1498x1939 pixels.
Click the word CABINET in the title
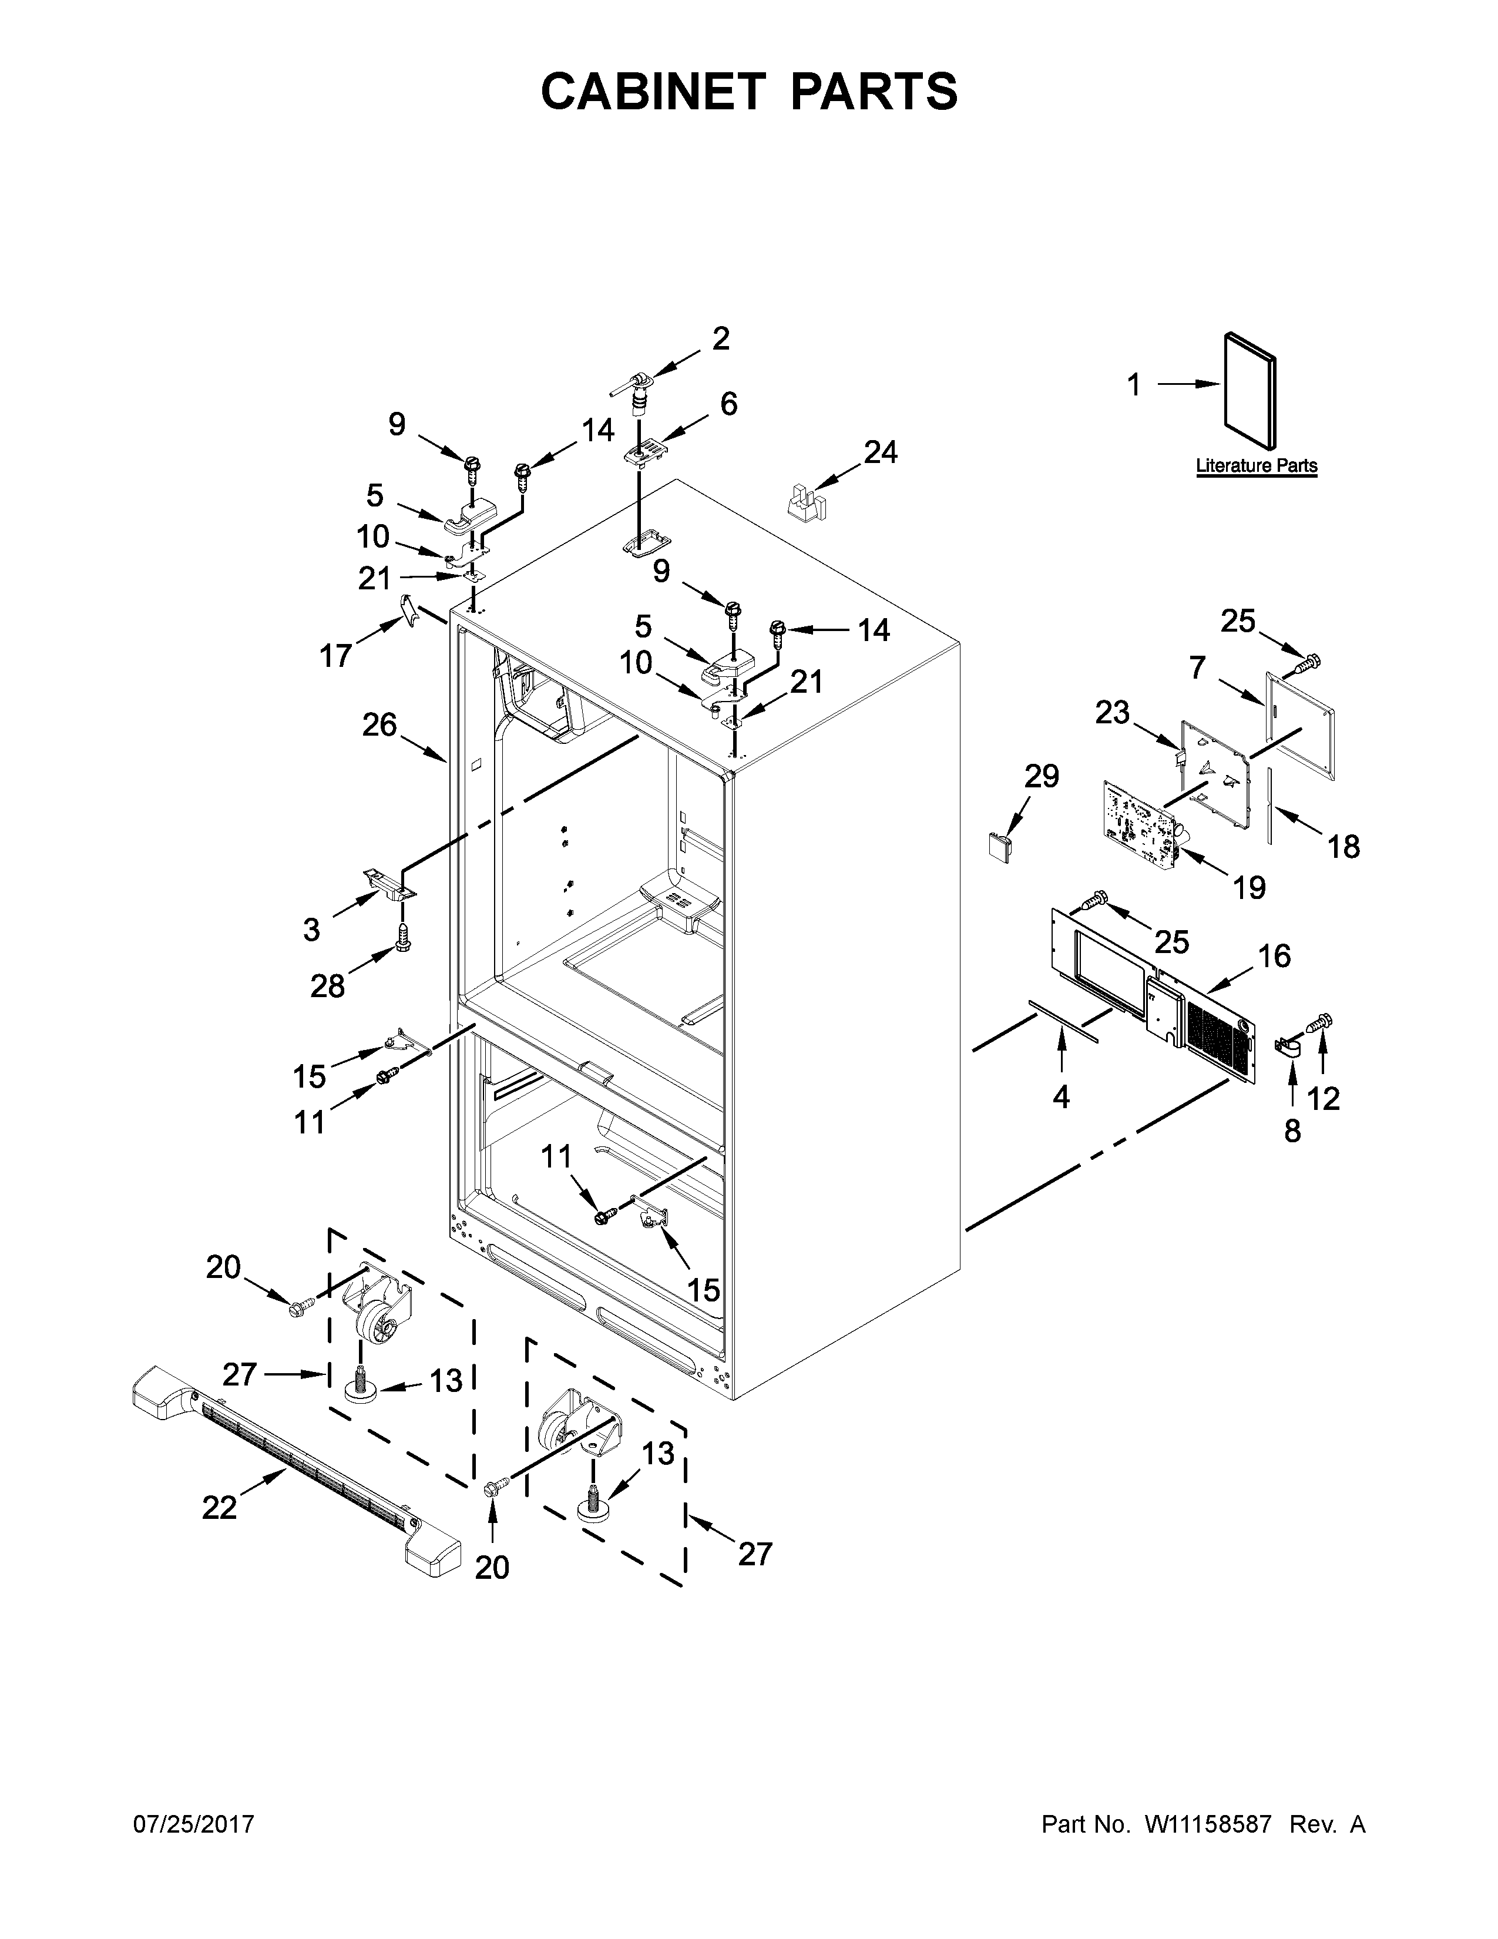(x=652, y=92)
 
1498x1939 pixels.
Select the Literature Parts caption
(x=1256, y=465)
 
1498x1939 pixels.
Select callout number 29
(x=1042, y=776)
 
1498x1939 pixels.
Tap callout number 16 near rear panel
(x=1274, y=956)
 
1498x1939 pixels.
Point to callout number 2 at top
(x=721, y=338)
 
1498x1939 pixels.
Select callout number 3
(x=311, y=930)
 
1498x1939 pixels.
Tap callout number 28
(x=327, y=985)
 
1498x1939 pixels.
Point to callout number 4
(x=1062, y=1098)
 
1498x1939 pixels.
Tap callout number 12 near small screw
(x=1322, y=1099)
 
